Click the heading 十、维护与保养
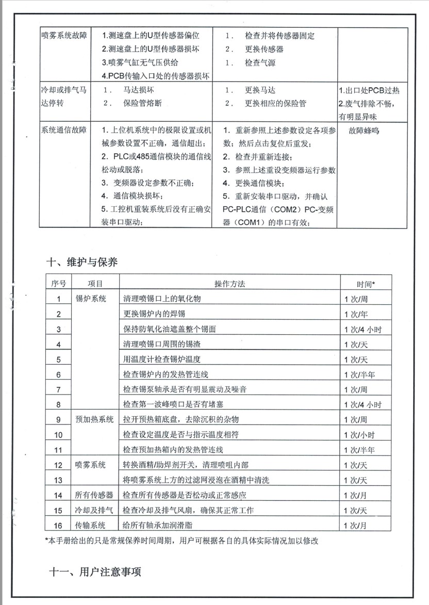tap(82, 262)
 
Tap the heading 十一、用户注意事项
tap(95, 572)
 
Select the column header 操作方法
tap(229, 284)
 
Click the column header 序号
tap(58, 284)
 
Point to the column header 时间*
tap(366, 284)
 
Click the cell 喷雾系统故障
tap(64, 36)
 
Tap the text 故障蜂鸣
tap(364, 130)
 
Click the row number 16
tap(58, 526)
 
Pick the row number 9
tap(58, 420)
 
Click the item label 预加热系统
tap(94, 420)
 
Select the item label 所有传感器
tap(94, 495)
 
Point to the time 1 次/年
tap(359, 314)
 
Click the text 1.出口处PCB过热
tap(369, 91)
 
